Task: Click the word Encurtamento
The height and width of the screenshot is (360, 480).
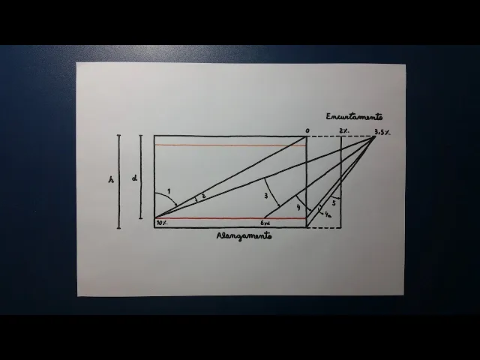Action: [355, 117]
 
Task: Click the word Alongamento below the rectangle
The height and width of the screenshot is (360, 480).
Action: [244, 235]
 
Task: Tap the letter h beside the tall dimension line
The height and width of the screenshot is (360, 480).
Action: [109, 180]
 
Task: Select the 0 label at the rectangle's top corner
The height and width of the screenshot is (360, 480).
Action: [307, 131]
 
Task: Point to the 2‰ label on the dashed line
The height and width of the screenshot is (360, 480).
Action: [343, 131]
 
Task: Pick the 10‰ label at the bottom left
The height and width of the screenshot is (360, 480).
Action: [161, 223]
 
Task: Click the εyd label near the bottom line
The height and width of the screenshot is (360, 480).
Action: [265, 223]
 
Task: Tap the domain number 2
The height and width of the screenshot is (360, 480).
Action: [203, 196]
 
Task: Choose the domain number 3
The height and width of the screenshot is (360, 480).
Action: [265, 196]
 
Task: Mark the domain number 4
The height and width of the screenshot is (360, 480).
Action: [298, 206]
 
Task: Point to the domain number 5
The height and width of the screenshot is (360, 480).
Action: [334, 202]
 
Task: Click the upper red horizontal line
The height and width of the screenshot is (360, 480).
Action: [225, 145]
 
